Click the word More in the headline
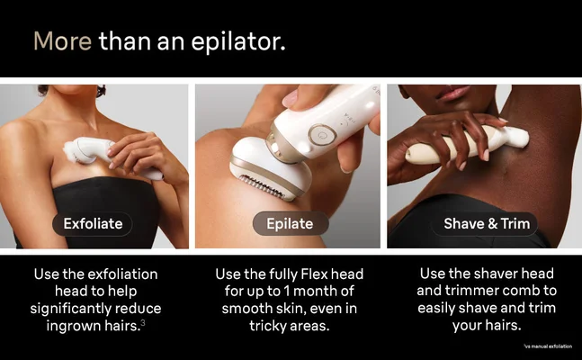click(x=61, y=40)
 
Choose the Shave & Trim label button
click(x=487, y=222)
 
